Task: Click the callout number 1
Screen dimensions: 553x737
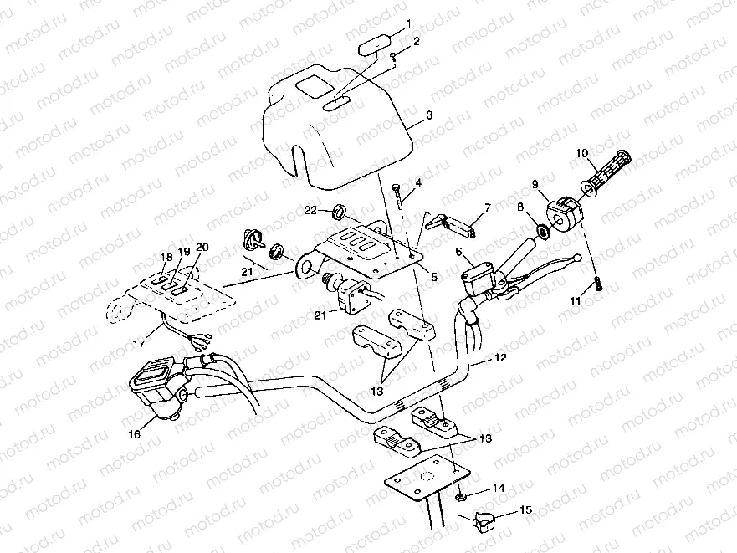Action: tap(409, 23)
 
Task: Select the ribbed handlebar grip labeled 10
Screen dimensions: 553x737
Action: tap(607, 171)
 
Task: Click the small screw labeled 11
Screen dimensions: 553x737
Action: tap(598, 284)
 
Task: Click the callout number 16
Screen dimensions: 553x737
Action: tap(135, 433)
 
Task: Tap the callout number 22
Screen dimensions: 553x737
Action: tap(310, 211)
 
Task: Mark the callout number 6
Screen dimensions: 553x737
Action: tap(458, 251)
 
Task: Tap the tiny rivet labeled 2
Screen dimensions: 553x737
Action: tap(392, 56)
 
